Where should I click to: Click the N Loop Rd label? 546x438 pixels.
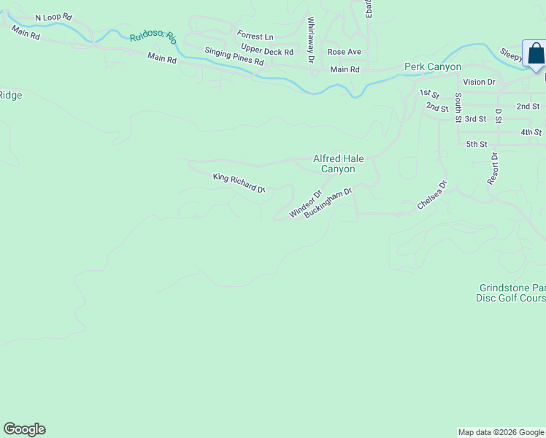pos(54,16)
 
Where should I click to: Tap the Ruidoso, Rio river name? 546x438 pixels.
pos(153,37)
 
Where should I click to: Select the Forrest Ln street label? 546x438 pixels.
pos(255,36)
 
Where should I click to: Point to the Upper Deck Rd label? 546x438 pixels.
pos(267,52)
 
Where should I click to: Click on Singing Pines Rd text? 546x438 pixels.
pos(234,56)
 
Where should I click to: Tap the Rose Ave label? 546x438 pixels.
pos(344,52)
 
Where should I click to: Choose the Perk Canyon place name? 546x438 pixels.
pos(433,67)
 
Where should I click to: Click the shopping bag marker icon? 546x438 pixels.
pos(535,53)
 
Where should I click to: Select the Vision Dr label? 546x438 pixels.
pos(479,82)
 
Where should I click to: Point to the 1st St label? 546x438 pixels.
pos(429,94)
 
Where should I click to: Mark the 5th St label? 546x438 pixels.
pos(476,144)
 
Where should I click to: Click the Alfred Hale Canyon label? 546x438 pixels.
pos(338,164)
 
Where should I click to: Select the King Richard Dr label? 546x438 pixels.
pos(239,182)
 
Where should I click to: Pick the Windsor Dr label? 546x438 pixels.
pos(305,204)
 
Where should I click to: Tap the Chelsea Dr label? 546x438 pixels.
pos(431,195)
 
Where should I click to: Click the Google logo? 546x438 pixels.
pos(24,429)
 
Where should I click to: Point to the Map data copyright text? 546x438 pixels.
pos(501,432)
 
